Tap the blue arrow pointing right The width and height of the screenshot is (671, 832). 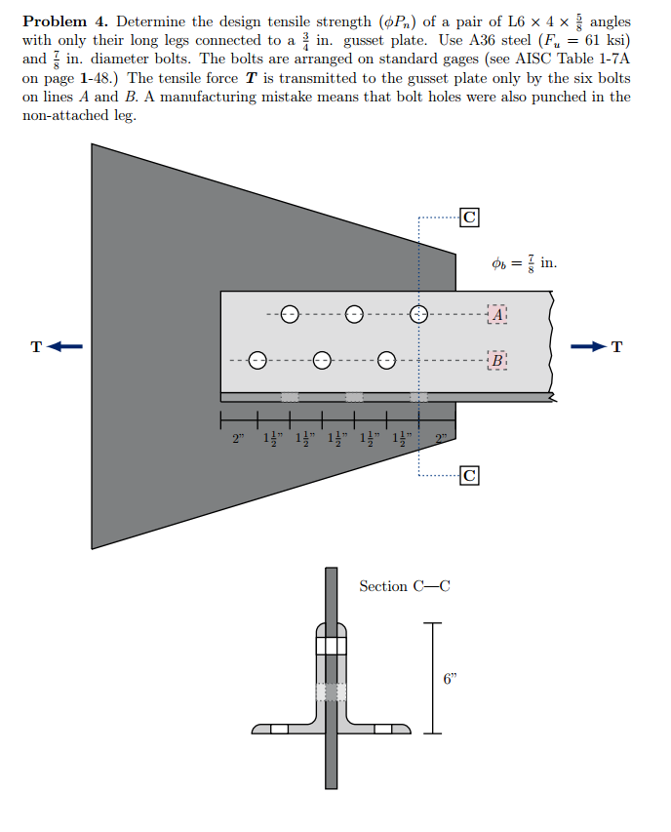click(x=589, y=346)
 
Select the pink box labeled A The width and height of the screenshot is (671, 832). click(x=498, y=314)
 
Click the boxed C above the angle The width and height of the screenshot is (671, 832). click(x=469, y=218)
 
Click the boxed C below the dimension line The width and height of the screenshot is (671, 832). click(x=469, y=476)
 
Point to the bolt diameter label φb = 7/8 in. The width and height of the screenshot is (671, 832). click(x=525, y=262)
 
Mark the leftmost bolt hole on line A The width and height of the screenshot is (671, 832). click(x=290, y=314)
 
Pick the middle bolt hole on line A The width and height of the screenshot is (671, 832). click(x=354, y=314)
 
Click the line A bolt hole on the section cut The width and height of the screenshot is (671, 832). click(x=419, y=314)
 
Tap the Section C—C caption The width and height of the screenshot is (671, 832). click(x=405, y=586)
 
